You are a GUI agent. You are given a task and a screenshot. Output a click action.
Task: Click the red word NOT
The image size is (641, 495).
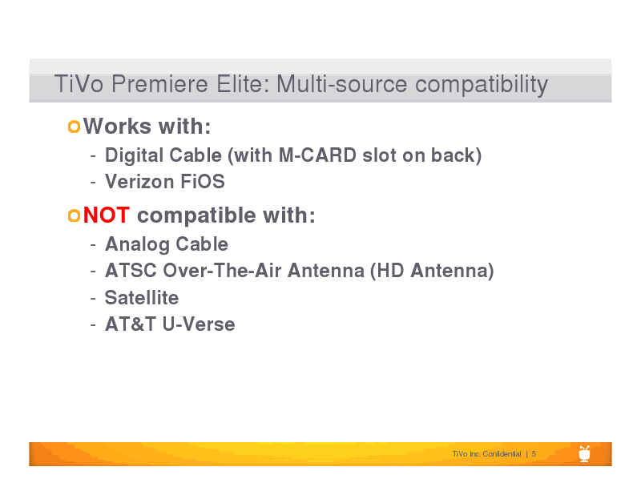pyautogui.click(x=107, y=215)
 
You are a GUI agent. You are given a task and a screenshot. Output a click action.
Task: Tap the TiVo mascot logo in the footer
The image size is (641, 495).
pyautogui.click(x=585, y=453)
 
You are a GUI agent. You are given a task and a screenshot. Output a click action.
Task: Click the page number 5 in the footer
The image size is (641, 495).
pyautogui.click(x=534, y=453)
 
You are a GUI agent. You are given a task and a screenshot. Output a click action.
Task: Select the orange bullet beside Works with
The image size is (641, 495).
pyautogui.click(x=74, y=127)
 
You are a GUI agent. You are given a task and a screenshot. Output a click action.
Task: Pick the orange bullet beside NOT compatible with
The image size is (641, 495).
pyautogui.click(x=74, y=215)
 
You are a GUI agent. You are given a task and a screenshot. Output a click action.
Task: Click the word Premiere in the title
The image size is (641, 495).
pyautogui.click(x=159, y=84)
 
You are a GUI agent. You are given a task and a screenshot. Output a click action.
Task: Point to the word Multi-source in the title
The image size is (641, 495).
pyautogui.click(x=342, y=84)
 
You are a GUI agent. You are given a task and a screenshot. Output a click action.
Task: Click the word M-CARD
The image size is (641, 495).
pyautogui.click(x=317, y=155)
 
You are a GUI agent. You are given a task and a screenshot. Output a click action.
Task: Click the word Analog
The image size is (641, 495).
pyautogui.click(x=137, y=244)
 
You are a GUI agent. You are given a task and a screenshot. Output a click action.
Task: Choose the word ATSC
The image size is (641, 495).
pyautogui.click(x=131, y=271)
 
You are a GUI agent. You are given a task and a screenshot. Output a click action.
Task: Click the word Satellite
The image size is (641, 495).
pyautogui.click(x=142, y=298)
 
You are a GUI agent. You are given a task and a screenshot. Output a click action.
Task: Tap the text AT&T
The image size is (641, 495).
pyautogui.click(x=131, y=324)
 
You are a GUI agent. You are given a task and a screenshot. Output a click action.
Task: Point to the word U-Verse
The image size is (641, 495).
pyautogui.click(x=199, y=324)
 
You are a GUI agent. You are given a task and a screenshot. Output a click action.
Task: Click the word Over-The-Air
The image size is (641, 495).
pyautogui.click(x=223, y=271)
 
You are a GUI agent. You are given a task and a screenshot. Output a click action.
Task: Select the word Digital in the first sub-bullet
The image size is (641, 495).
pyautogui.click(x=134, y=155)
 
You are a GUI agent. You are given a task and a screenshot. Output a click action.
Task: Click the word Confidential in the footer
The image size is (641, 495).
pyautogui.click(x=502, y=453)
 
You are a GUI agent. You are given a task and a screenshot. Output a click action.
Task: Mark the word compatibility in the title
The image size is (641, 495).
pyautogui.click(x=482, y=85)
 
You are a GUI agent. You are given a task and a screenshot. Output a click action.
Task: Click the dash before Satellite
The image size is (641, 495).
pyautogui.click(x=93, y=299)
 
